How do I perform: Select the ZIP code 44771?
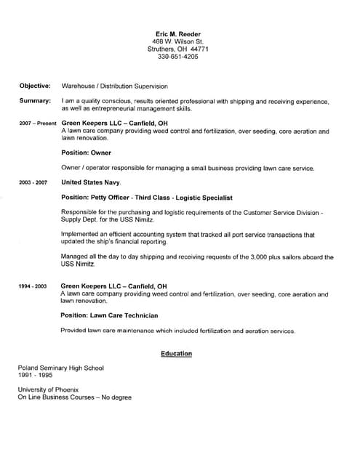tap(197, 49)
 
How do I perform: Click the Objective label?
tap(35, 85)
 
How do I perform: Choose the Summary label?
tap(35, 100)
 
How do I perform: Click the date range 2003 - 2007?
tap(33, 182)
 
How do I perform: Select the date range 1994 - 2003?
tap(33, 287)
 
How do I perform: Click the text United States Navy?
tap(91, 182)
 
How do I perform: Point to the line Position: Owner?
tap(86, 153)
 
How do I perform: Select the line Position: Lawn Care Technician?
tap(110, 316)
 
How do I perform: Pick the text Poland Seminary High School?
tap(60, 368)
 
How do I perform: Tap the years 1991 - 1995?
tap(34, 376)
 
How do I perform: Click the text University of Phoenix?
tap(49, 390)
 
